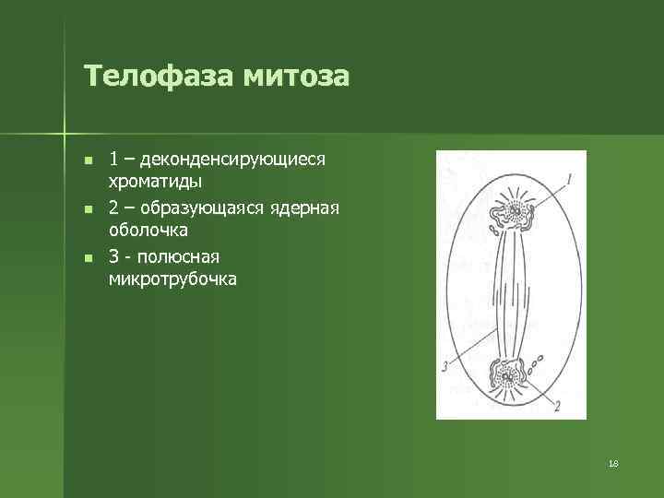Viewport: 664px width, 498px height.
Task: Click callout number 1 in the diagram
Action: pos(570,178)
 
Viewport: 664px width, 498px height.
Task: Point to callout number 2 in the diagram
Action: pos(557,406)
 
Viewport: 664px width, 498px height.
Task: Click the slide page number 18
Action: pos(613,463)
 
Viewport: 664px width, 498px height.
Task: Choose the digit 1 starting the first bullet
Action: pos(113,160)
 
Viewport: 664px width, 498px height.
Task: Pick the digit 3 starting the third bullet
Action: pos(113,255)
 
